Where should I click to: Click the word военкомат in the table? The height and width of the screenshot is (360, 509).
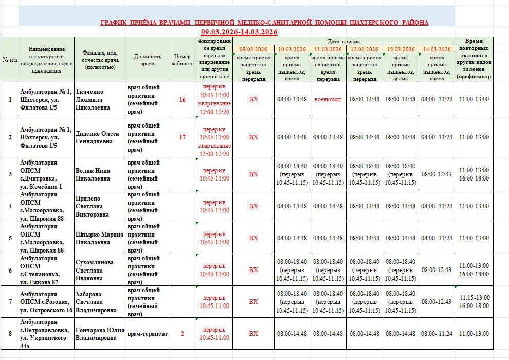(x=328, y=99)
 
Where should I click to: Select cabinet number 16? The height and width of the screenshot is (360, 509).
(x=183, y=99)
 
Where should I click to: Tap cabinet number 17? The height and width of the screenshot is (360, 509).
(x=183, y=137)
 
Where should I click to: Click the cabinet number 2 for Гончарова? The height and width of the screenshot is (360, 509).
(x=183, y=334)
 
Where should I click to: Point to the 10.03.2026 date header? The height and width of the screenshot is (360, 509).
(x=292, y=49)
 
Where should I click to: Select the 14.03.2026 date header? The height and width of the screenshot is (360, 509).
(x=437, y=49)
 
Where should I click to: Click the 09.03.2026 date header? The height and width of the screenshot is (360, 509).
(x=253, y=49)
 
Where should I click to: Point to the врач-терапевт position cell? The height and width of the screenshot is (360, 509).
(x=147, y=334)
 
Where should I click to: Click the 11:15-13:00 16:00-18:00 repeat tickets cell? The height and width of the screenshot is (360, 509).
(x=474, y=302)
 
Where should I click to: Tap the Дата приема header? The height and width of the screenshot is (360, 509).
(x=344, y=41)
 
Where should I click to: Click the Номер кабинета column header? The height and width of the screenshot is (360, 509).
(x=183, y=60)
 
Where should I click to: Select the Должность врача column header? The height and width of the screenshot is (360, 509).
(x=148, y=60)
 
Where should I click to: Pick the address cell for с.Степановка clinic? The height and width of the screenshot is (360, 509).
(x=46, y=270)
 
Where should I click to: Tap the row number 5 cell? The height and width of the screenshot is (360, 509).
(x=10, y=238)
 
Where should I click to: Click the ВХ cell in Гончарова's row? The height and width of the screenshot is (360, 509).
(x=253, y=334)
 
